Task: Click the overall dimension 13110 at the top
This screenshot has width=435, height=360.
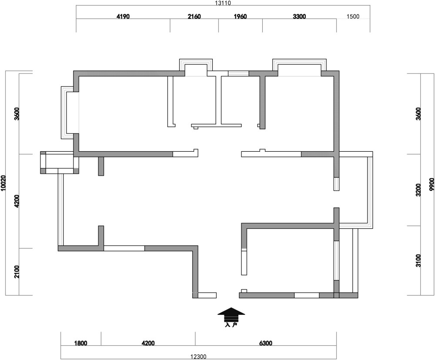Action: [223, 3]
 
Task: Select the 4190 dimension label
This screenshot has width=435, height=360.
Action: [123, 17]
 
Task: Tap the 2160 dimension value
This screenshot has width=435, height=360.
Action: [194, 17]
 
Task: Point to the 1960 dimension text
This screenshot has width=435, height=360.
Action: [240, 17]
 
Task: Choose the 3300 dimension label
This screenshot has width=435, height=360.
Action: [299, 17]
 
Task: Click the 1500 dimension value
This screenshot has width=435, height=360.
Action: [353, 17]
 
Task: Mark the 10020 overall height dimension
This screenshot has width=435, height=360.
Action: [3, 183]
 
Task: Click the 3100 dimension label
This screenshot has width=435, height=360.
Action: [418, 260]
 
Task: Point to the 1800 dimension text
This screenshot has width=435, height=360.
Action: [80, 343]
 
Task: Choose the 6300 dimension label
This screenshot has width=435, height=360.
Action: [265, 343]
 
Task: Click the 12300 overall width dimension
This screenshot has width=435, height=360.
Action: [198, 357]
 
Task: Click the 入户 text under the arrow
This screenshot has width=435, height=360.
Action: [231, 324]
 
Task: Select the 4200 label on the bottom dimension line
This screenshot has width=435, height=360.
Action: [148, 343]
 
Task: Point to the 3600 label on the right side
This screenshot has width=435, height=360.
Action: [418, 114]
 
